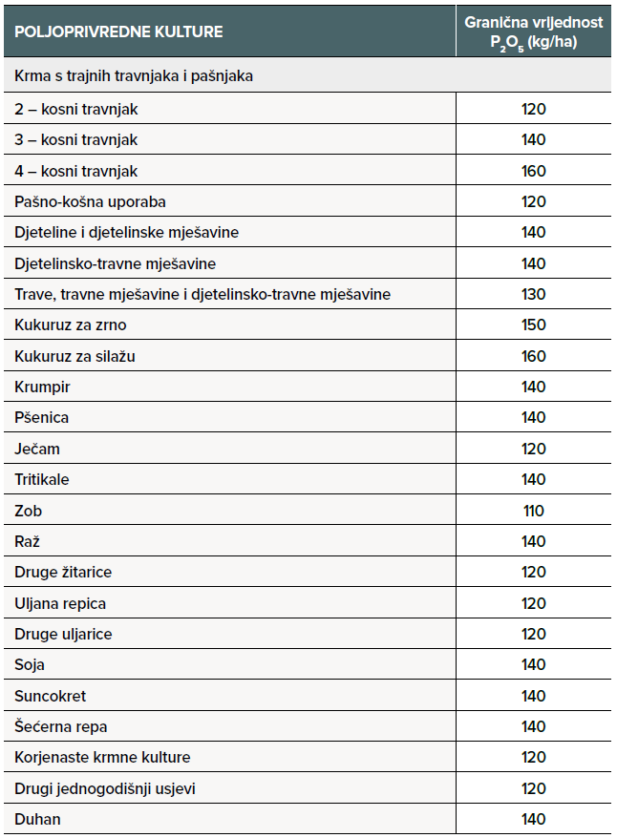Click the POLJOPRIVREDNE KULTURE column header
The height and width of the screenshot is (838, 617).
tap(119, 31)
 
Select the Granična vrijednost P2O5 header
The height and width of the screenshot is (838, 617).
tap(534, 31)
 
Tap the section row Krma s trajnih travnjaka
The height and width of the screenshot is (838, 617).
tap(134, 75)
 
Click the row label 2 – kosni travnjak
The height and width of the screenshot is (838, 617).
tap(76, 109)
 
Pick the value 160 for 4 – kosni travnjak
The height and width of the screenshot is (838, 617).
tap(534, 171)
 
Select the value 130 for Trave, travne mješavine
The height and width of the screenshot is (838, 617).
tap(534, 294)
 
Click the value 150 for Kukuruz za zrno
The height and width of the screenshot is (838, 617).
tap(534, 325)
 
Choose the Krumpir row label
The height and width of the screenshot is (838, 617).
tap(43, 387)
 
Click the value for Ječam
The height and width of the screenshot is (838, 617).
tap(534, 449)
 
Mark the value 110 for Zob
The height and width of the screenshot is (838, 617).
tap(534, 511)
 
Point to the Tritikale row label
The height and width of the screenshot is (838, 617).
tap(42, 479)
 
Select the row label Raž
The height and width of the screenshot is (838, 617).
tap(29, 541)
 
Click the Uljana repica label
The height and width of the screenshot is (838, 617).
tap(60, 603)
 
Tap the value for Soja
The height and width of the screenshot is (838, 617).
tap(534, 665)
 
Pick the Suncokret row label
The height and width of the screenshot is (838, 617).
tap(51, 696)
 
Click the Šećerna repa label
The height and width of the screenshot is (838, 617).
tap(61, 726)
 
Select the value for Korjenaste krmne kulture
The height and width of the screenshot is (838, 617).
tap(534, 758)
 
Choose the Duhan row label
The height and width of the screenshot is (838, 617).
tap(38, 819)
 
